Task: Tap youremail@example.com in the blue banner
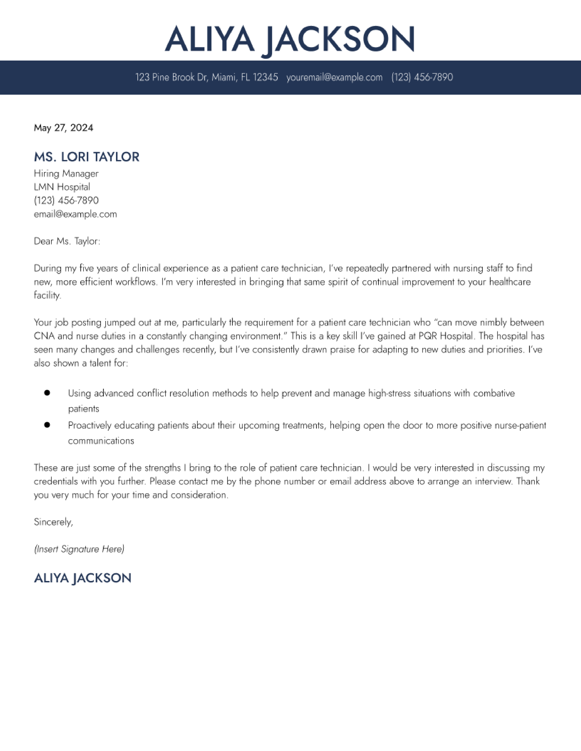(334, 77)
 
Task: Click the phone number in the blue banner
(422, 77)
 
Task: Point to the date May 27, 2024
(63, 128)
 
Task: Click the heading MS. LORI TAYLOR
(86, 157)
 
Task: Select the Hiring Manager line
(66, 174)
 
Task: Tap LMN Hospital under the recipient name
(62, 187)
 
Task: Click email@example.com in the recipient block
(75, 214)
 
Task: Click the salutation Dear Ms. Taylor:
(67, 241)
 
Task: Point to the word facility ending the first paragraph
(47, 295)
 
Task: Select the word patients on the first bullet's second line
(84, 409)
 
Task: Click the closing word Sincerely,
(53, 522)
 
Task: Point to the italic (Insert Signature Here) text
(79, 549)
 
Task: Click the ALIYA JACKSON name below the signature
(83, 578)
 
